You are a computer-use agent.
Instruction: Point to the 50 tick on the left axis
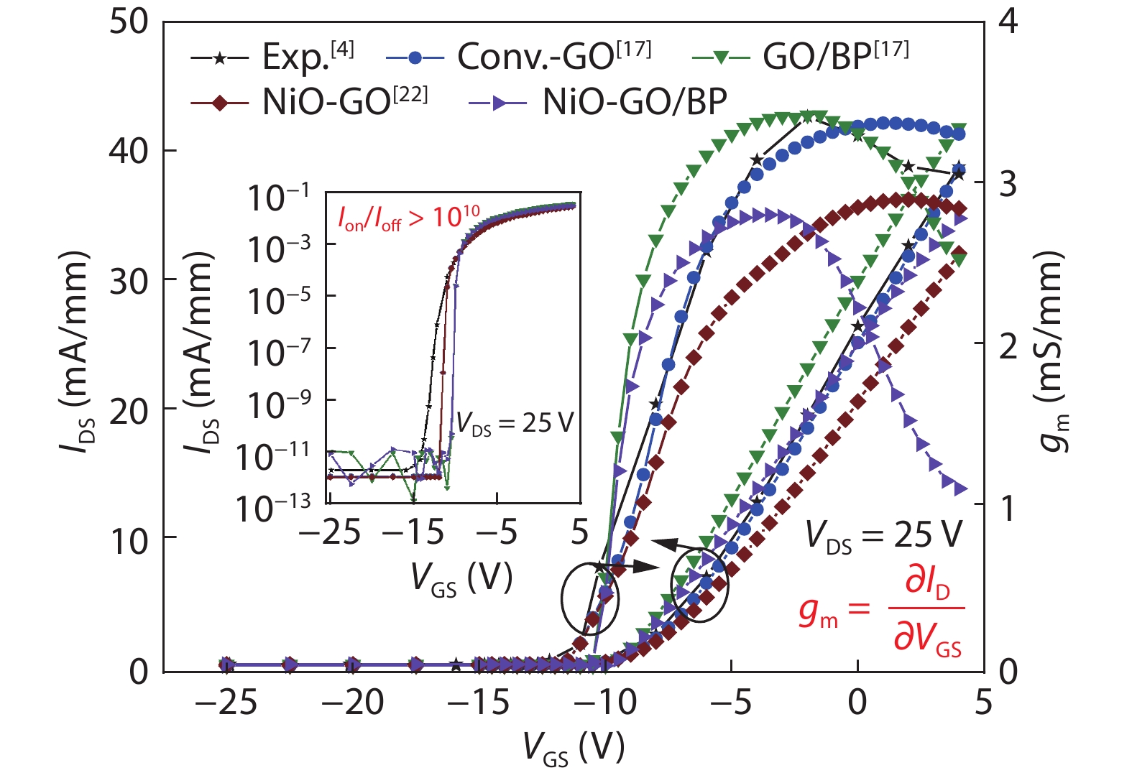[x=129, y=22]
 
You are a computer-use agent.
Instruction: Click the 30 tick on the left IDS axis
[x=129, y=281]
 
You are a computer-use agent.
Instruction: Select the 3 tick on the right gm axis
[x=1008, y=184]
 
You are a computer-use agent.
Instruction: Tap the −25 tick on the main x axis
[x=226, y=702]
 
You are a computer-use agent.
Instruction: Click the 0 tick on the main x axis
[x=857, y=702]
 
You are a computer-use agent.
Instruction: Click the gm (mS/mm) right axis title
[x=1053, y=352]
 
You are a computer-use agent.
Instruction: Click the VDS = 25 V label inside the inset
[x=515, y=424]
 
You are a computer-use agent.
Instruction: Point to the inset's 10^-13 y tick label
[x=273, y=507]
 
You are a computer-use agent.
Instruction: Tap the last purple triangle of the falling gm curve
[x=960, y=489]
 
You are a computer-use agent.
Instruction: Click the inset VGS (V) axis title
[x=461, y=577]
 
